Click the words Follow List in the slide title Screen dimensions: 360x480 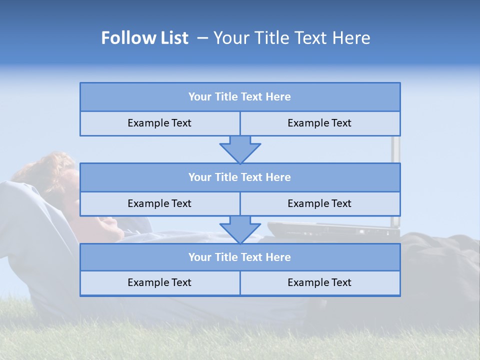(x=144, y=38)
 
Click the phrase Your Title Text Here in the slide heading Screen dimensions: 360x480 (x=291, y=38)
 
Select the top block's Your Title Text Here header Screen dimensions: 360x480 (x=239, y=97)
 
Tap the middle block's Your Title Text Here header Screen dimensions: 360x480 (x=239, y=177)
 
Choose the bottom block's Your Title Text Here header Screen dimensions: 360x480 (x=239, y=257)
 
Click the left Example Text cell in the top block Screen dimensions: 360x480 (x=159, y=123)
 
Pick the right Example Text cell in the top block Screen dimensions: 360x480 (x=319, y=123)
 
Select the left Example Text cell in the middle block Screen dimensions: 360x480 (x=159, y=203)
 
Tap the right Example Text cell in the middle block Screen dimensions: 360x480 (x=319, y=203)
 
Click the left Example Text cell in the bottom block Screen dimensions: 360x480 (x=159, y=282)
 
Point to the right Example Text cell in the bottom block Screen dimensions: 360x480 (x=319, y=282)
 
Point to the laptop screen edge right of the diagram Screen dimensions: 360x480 (x=395, y=150)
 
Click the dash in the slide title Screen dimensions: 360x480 (x=202, y=38)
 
